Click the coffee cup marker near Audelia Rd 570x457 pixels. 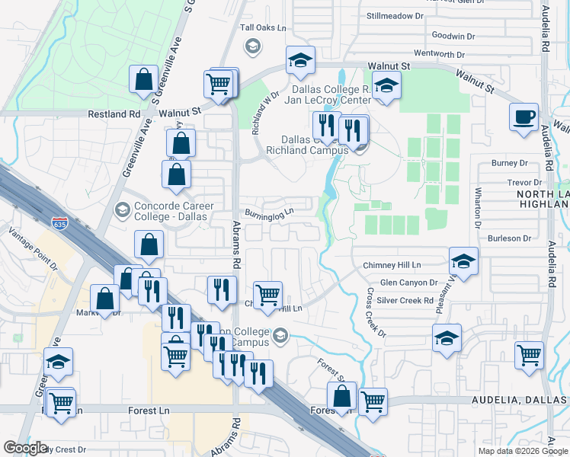point(524,117)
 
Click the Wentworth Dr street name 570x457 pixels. point(439,54)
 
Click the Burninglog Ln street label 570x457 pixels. point(269,213)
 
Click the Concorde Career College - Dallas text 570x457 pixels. point(174,211)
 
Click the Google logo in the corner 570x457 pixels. point(26,448)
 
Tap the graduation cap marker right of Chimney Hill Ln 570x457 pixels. point(463,261)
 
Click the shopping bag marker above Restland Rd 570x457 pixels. point(143,78)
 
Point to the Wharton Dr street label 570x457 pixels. point(478,209)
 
